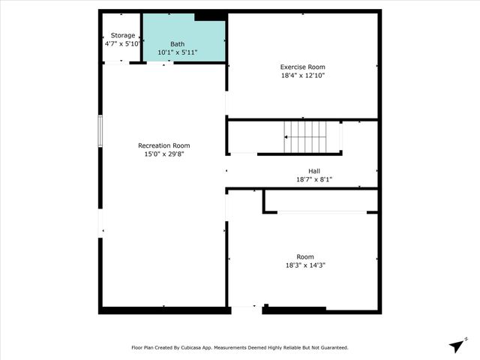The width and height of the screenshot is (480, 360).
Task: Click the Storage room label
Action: (123, 35)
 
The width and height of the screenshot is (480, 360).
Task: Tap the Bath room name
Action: (177, 44)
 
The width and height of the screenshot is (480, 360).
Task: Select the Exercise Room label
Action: (302, 67)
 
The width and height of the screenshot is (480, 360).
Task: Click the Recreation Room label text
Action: (163, 145)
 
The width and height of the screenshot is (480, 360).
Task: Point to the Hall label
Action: (314, 171)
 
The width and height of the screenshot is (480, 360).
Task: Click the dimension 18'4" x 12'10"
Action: (302, 76)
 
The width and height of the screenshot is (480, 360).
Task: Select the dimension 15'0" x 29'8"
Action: (163, 154)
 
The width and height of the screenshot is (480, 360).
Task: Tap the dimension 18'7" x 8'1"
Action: (314, 180)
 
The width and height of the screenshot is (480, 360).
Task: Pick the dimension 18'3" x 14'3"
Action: (305, 265)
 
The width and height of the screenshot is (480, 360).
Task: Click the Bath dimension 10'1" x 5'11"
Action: (177, 53)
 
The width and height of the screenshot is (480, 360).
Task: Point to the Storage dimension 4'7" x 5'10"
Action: (123, 44)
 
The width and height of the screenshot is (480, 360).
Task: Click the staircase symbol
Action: (305, 136)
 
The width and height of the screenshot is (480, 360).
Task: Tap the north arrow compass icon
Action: (456, 345)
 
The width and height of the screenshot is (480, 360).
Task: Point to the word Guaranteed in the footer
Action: (332, 348)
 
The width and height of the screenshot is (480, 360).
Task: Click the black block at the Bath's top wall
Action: (209, 16)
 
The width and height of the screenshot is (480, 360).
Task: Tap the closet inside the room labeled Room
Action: (319, 201)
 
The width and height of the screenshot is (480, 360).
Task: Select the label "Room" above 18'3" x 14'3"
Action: (305, 256)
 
